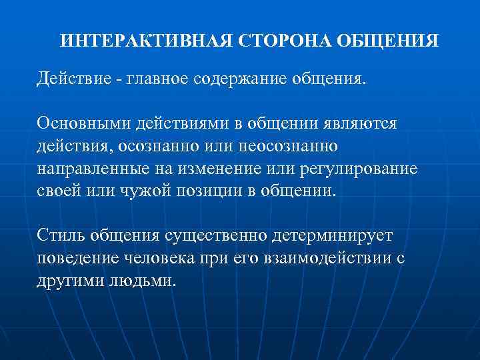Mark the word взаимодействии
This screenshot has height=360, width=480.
point(324,257)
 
